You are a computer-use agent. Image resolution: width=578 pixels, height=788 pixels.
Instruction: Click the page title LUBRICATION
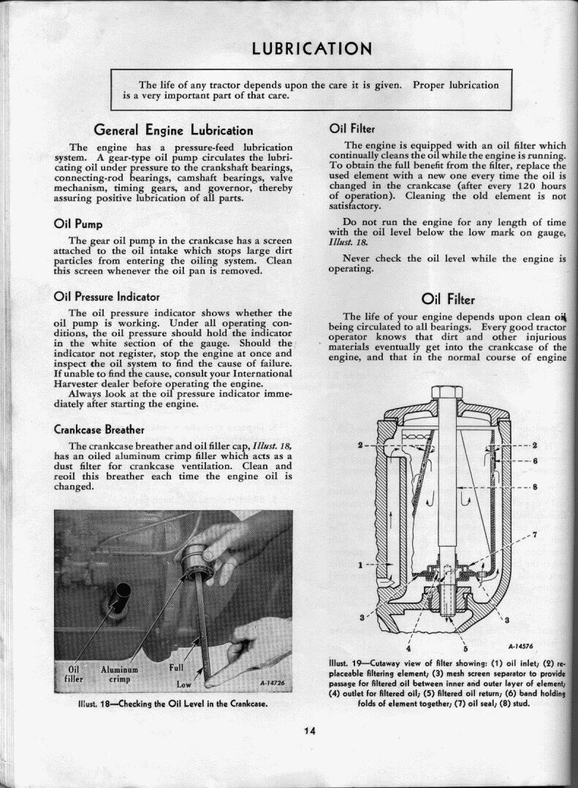pos(312,49)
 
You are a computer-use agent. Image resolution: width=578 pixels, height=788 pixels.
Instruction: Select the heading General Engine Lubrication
pos(174,131)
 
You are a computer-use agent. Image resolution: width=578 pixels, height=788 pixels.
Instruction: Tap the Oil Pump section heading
pos(78,224)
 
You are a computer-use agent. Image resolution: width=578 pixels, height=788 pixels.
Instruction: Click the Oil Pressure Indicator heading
pos(107,297)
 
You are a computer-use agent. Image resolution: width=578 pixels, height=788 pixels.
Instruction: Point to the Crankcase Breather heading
pos(99,428)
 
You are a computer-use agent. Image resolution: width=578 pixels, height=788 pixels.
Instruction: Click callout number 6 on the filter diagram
pos(535,461)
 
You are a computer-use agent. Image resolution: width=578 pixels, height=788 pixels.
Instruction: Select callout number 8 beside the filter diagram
pos(535,487)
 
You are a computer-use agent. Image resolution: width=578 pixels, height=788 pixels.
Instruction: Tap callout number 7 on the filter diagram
pos(535,534)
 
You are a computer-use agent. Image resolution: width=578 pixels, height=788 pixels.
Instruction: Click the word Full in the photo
pos(177,667)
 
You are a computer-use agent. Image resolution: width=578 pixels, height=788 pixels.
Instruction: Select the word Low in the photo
pos(183,684)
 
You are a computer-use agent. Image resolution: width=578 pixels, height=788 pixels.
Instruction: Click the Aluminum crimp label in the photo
pos(115,673)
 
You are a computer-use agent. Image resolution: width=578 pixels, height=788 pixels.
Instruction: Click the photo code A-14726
pos(271,683)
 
